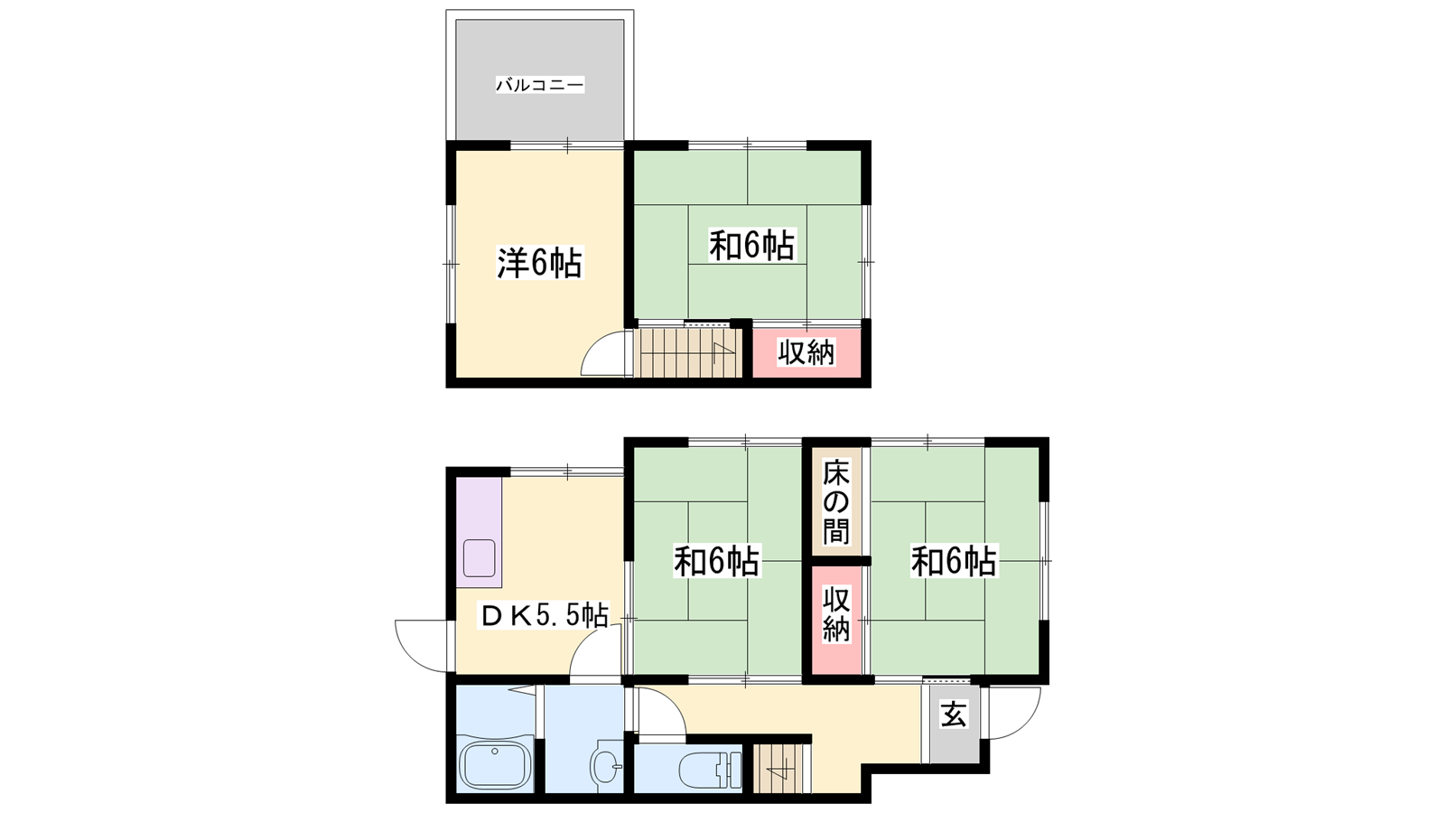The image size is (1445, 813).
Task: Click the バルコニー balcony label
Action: pos(540,85)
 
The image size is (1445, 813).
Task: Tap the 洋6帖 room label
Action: pos(539,263)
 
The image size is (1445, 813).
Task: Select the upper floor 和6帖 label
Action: pos(751,245)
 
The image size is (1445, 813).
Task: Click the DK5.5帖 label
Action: pos(543,617)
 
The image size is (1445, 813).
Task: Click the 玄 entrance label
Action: pos(954,715)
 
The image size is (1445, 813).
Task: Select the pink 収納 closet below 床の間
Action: pos(836,620)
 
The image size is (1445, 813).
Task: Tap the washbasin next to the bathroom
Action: pos(606,767)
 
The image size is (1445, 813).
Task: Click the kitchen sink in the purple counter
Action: pos(479,558)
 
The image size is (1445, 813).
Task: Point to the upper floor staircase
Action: pos(688,352)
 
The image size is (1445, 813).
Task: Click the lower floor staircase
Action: pos(781,769)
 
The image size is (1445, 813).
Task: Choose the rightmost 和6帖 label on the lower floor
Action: pos(954,561)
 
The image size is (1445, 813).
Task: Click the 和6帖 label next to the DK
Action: pos(717,561)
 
